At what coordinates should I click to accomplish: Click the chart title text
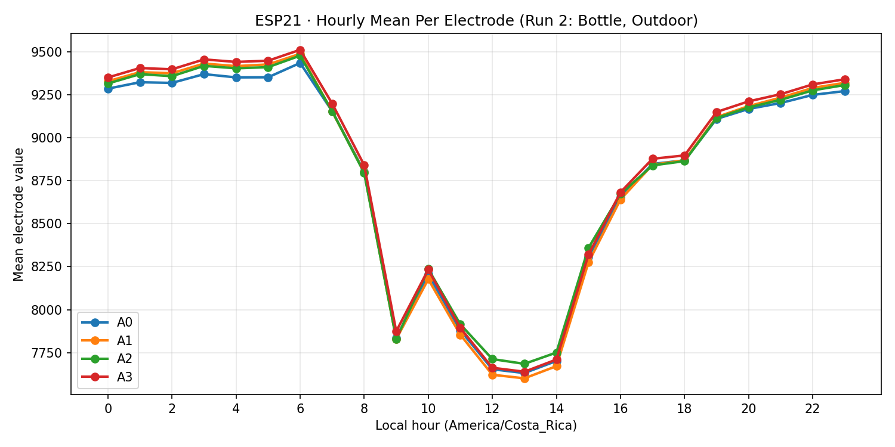click(x=476, y=21)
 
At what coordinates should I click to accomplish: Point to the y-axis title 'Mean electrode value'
click(x=19, y=215)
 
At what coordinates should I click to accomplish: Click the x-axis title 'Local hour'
click(x=476, y=426)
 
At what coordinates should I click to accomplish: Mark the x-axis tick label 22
click(x=813, y=409)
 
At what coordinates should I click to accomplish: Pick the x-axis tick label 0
click(x=108, y=409)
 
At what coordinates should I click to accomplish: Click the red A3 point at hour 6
click(x=300, y=51)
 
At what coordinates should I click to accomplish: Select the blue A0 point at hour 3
click(x=204, y=74)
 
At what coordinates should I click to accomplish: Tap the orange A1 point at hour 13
click(x=524, y=378)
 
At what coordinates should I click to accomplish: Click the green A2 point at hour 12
click(x=492, y=359)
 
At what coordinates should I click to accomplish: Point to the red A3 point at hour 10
click(x=428, y=271)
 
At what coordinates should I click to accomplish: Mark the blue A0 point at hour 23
click(x=845, y=91)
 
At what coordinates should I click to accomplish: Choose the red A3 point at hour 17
click(x=653, y=159)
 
